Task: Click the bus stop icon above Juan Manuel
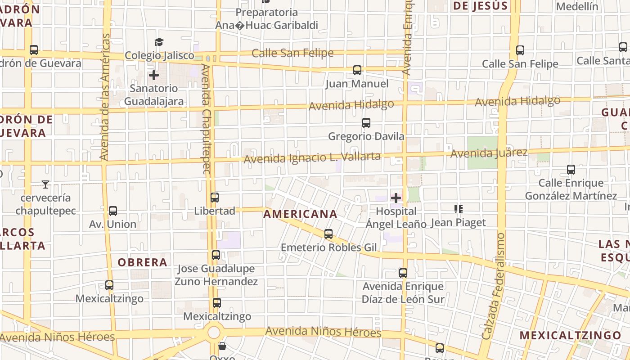(357, 70)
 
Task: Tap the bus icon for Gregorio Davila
(366, 123)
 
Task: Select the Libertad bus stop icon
(215, 197)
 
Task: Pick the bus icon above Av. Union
(113, 211)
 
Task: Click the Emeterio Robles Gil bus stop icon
(328, 234)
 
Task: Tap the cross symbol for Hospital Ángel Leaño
(396, 198)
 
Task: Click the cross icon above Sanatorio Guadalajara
(154, 75)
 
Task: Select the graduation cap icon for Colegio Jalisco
(159, 42)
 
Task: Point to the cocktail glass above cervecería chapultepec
(45, 184)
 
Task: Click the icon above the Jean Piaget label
(459, 209)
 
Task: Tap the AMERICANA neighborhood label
(300, 214)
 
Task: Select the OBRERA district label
(142, 262)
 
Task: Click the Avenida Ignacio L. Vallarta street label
(312, 157)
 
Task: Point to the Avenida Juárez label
(489, 153)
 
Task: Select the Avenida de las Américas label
(104, 97)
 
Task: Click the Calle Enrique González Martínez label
(571, 189)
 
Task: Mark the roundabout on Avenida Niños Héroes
(214, 333)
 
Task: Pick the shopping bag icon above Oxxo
(222, 346)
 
